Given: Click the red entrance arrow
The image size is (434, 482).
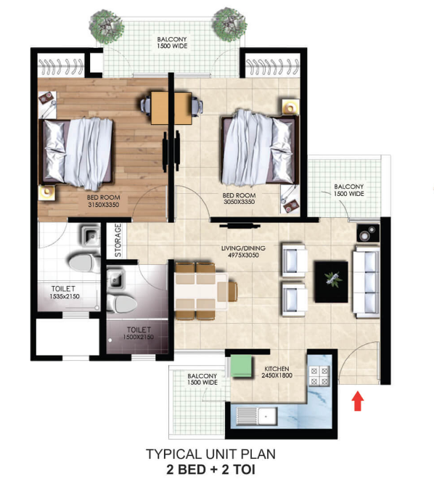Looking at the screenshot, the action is [358, 400].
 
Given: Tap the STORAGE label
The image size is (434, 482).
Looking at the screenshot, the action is [118, 240].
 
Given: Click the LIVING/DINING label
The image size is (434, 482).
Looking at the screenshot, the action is [243, 248].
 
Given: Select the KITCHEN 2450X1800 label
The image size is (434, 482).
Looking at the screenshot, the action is [277, 372].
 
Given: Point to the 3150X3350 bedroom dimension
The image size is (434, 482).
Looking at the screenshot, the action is [103, 205].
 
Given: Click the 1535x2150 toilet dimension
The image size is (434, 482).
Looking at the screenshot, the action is [65, 296].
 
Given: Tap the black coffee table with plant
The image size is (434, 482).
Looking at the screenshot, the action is [332, 282].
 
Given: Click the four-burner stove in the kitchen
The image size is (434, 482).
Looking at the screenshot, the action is [319, 376].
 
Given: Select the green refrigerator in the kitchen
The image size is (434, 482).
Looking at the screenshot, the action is [241, 366].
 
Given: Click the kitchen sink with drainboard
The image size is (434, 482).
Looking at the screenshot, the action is [257, 416].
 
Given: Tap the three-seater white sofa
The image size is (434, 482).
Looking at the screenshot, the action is [366, 281].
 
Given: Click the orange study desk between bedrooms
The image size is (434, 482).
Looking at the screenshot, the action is [171, 107].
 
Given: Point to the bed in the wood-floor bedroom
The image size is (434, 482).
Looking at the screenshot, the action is [76, 152].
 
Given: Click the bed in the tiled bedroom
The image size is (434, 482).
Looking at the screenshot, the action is [260, 148].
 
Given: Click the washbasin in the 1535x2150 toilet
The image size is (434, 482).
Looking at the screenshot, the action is [90, 235].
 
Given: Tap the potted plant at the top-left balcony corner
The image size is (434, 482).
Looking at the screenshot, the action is [107, 26].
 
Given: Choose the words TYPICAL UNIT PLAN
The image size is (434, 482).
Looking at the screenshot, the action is [210, 454].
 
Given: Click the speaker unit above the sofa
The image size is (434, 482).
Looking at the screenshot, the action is [368, 233].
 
